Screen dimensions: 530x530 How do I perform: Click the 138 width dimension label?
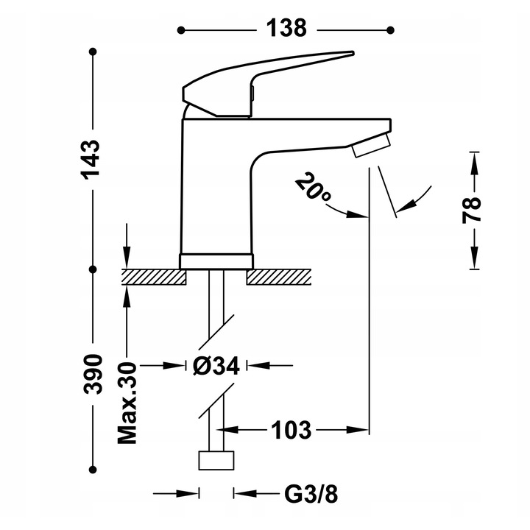pyautogui.click(x=286, y=28)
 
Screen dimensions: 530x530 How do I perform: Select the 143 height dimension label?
pyautogui.click(x=90, y=159)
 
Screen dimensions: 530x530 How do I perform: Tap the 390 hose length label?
pyautogui.click(x=92, y=374)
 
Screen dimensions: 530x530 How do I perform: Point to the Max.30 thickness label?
pyautogui.click(x=127, y=403)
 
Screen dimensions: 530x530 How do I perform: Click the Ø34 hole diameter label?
pyautogui.click(x=216, y=365)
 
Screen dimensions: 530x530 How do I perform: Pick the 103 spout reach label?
pyautogui.click(x=291, y=430)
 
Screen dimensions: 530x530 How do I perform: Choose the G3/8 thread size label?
pyautogui.click(x=311, y=494)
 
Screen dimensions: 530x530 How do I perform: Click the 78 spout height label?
pyautogui.click(x=472, y=210)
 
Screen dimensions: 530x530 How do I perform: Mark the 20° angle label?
pyautogui.click(x=314, y=188)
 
